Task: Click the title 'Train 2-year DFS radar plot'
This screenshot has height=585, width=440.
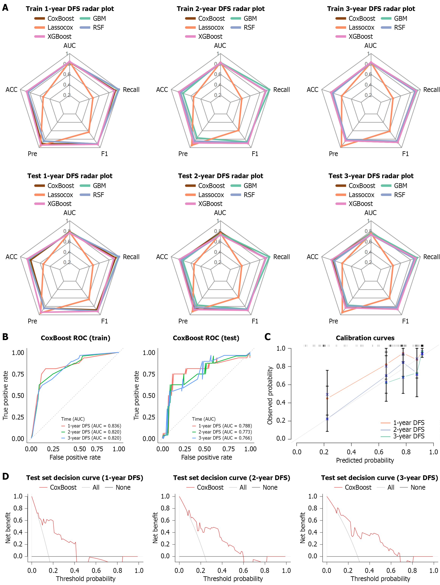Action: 220,9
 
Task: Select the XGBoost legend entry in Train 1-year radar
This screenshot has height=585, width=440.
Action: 59,37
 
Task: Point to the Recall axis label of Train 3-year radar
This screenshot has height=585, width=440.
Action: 431,90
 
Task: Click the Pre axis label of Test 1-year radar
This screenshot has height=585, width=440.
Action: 32,321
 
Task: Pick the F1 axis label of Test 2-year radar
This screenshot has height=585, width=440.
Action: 255,321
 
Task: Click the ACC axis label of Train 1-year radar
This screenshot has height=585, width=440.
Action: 11,90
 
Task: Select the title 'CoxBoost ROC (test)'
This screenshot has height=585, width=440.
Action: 206,338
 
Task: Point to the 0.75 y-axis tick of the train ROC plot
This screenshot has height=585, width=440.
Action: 18,374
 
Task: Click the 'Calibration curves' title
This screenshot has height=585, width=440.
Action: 365,338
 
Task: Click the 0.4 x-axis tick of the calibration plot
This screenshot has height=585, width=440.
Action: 351,452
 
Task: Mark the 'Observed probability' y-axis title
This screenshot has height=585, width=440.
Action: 270,395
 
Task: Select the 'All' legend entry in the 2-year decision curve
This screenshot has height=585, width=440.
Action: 243,487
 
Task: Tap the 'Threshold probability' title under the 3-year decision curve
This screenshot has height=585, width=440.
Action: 380,579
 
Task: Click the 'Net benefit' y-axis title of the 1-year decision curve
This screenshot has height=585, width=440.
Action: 8,528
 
